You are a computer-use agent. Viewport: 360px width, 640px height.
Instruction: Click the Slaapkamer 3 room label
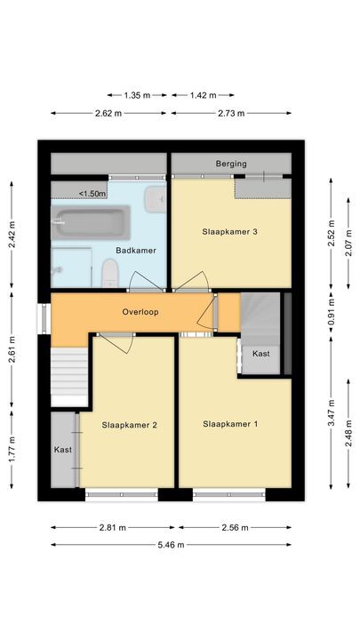point(230,232)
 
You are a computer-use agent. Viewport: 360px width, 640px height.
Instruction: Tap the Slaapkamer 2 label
point(129,425)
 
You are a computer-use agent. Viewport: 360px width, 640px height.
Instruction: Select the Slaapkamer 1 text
point(230,424)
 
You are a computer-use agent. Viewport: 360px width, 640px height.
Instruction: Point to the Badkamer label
point(136,251)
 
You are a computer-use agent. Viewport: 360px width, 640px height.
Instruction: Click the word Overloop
point(141,313)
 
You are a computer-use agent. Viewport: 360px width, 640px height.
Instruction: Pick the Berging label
point(231,164)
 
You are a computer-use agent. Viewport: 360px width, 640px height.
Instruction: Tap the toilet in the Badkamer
point(110,272)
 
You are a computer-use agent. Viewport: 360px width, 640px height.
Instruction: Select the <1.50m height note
point(92,193)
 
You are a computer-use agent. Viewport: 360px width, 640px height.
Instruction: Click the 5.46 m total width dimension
point(171,545)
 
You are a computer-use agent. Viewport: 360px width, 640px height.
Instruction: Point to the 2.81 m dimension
point(111,526)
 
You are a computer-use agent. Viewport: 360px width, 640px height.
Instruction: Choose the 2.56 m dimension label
point(235,526)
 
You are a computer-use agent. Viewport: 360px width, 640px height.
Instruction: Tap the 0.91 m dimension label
point(331,313)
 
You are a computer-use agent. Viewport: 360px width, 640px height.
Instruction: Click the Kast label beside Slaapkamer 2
point(62,450)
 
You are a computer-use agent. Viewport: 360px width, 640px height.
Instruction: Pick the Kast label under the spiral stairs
point(261,354)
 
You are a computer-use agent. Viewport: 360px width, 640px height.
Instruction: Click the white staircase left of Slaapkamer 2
point(69,373)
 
